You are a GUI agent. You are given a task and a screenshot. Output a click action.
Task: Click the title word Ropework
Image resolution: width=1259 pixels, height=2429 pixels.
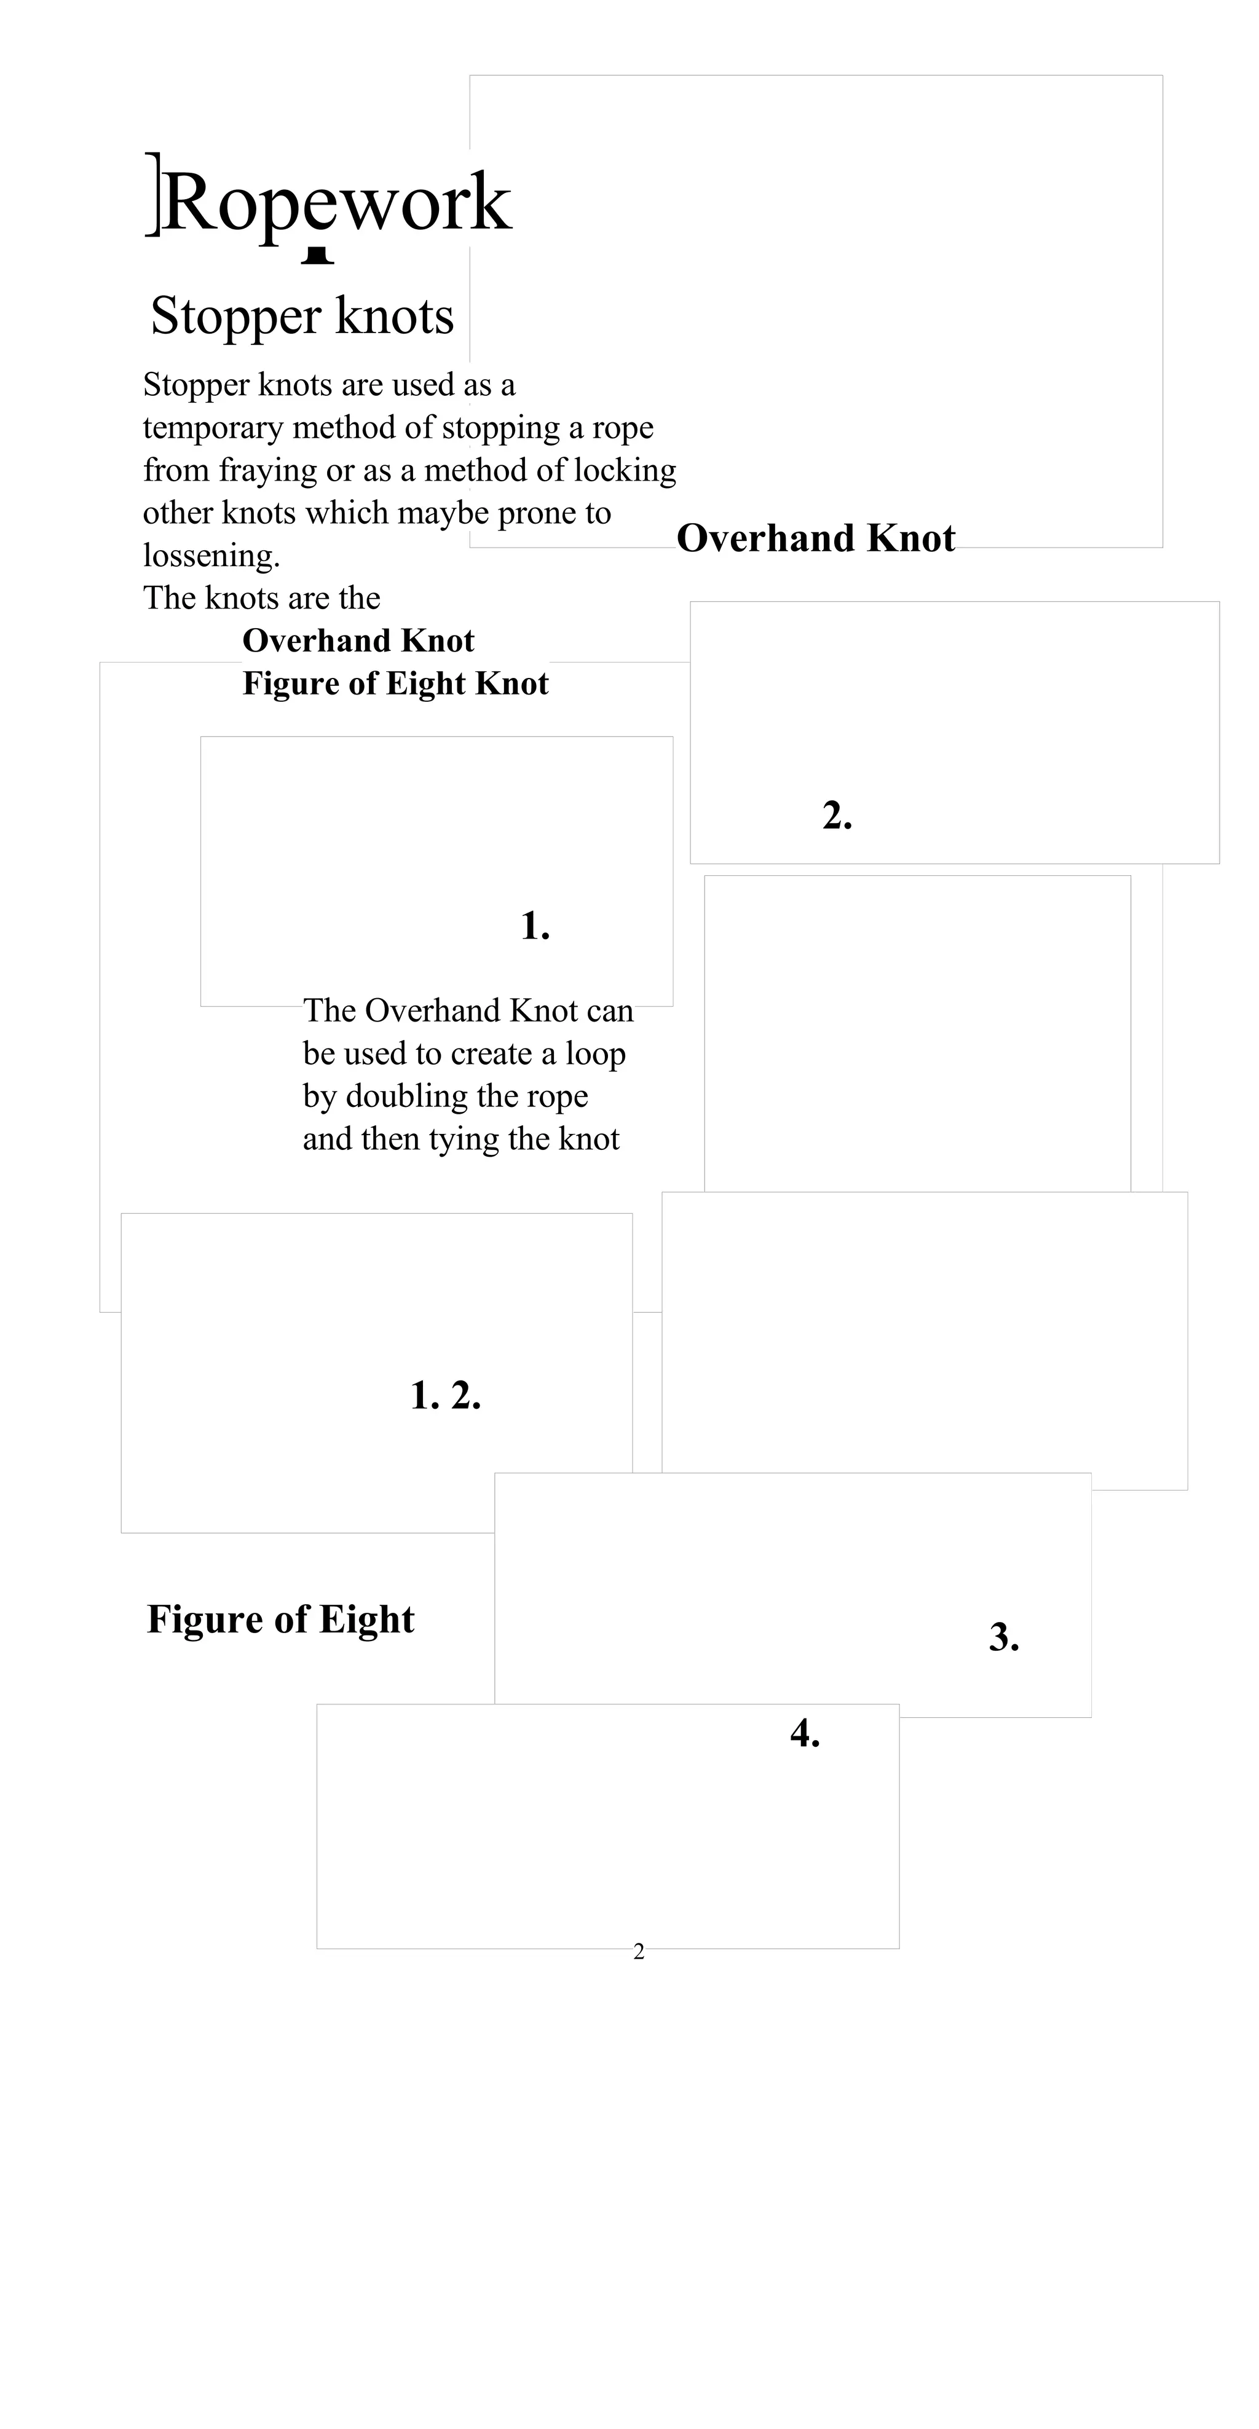337,203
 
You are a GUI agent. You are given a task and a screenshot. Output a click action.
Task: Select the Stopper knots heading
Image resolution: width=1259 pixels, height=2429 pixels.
302,316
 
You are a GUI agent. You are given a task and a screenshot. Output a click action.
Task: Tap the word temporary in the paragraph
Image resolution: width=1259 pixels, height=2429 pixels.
213,428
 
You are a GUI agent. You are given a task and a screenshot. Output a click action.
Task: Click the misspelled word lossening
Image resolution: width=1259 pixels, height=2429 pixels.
211,556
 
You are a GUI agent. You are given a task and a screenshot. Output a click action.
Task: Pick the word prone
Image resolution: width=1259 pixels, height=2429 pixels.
537,513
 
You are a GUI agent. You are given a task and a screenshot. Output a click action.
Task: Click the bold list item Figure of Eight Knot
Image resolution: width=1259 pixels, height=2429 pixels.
395,683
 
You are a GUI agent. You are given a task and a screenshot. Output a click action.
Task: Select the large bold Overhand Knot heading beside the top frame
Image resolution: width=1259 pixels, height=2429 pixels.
816,538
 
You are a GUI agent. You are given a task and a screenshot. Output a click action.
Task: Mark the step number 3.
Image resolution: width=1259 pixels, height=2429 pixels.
1003,1638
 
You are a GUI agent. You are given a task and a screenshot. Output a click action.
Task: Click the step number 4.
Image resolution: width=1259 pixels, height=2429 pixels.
805,1734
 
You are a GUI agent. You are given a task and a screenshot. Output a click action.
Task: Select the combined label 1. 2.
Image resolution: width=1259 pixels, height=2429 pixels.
445,1396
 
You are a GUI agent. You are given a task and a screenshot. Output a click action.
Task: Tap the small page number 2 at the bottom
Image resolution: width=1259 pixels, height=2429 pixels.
639,1952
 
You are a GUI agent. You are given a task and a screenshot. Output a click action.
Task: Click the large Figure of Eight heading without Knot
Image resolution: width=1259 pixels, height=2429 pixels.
280,1620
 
